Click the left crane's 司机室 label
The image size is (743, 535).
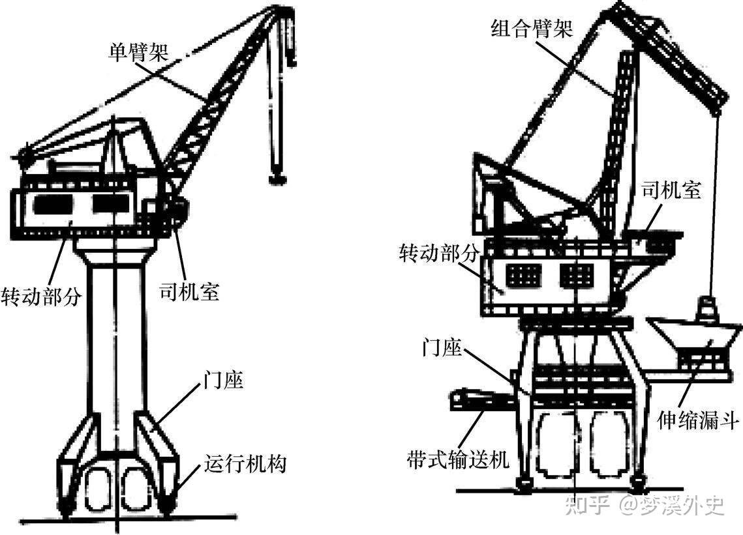point(189,291)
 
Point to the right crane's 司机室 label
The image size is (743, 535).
point(671,191)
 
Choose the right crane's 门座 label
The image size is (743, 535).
point(442,349)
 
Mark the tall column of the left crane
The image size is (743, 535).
point(114,339)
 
